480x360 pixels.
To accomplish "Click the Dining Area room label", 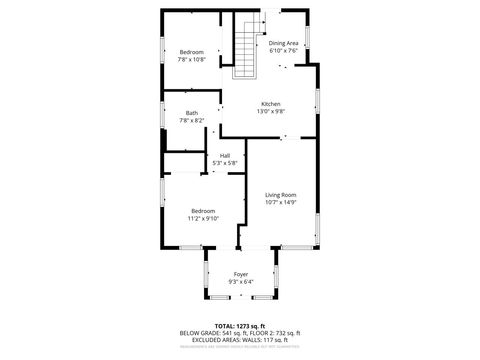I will coord(283,43).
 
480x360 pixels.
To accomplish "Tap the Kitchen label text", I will coord(271,104).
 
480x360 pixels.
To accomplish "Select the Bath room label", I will coord(191,113).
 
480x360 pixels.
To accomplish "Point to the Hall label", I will coord(225,155).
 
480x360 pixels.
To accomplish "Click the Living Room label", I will coord(281,194).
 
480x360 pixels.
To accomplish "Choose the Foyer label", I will coord(241,274).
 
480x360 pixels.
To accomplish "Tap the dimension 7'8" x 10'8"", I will coord(191,60).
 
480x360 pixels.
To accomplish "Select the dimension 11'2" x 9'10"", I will coord(204,219).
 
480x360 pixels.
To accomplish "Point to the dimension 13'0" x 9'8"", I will coord(271,112).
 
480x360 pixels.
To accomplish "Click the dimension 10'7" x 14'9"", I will coord(281,202).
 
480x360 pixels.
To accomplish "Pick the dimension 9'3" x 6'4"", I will coord(241,282).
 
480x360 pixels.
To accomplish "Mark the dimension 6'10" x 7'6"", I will coord(283,51).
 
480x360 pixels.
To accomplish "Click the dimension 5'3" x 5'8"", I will coord(225,163).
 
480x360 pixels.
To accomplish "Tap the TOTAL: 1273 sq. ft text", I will coord(240,325).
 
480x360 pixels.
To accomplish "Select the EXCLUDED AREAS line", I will coord(240,339).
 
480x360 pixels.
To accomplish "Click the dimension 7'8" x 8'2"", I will coord(191,121).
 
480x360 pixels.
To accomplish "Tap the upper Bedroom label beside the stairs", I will coord(191,52).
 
